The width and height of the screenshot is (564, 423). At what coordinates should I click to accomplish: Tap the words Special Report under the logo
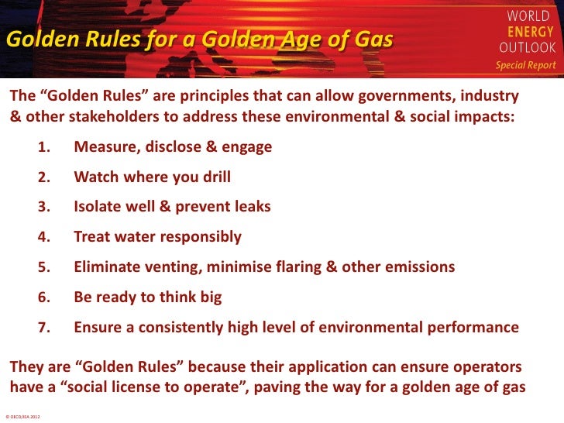[526, 65]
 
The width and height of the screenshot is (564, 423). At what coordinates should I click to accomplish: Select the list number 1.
[45, 147]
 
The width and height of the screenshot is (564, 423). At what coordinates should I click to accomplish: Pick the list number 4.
[45, 237]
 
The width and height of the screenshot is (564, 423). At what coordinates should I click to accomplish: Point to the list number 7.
[45, 328]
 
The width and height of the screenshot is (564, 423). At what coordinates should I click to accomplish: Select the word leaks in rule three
[249, 207]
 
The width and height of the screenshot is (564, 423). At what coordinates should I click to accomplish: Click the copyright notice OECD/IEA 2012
[23, 417]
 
